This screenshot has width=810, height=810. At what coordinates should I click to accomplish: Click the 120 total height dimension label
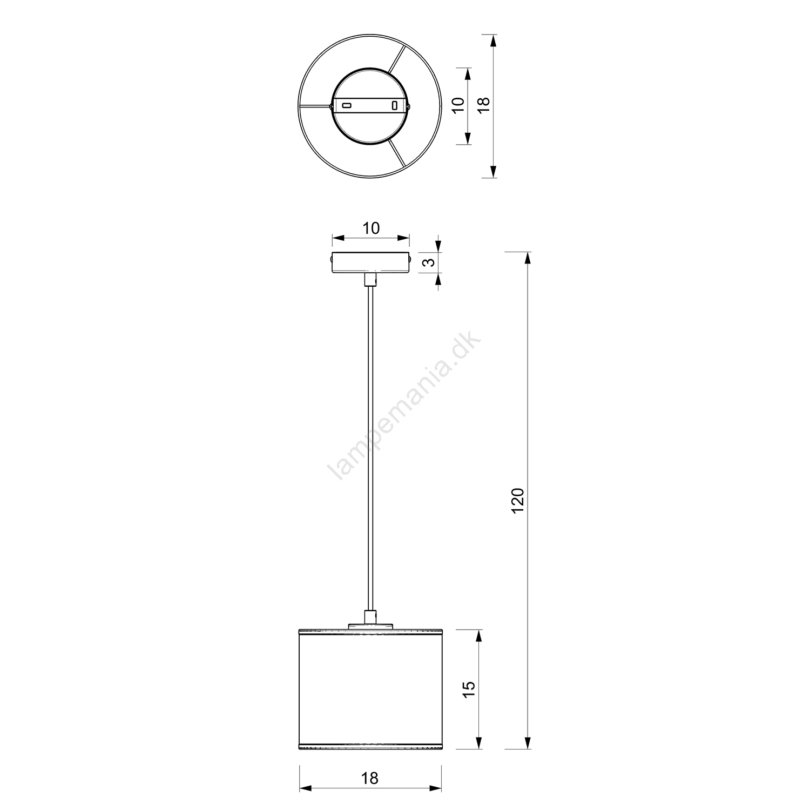pos(517,501)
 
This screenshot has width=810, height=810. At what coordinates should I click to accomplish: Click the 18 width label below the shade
pos(370,778)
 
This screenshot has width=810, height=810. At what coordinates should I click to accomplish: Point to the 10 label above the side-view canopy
pos(371,228)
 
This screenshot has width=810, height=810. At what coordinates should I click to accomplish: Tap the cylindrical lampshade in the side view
pos(370,688)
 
